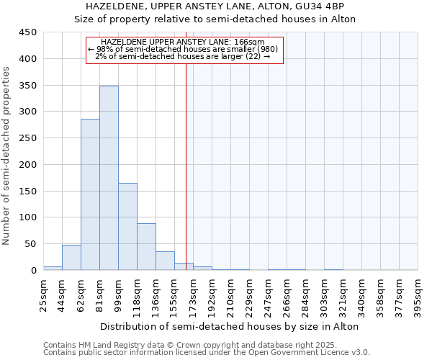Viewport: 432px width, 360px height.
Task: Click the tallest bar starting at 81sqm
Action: click(x=109, y=178)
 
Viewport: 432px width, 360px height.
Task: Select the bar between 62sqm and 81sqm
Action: click(x=90, y=194)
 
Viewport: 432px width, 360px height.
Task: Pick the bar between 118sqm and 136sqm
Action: click(x=146, y=247)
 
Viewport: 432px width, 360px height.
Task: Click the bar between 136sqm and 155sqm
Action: click(x=165, y=261)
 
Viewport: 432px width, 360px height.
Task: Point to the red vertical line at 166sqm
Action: click(x=186, y=166)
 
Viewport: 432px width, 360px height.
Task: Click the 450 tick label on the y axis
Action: click(x=28, y=32)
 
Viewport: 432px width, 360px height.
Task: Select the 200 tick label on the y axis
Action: click(x=28, y=165)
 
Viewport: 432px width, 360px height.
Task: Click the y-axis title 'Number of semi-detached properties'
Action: click(x=6, y=155)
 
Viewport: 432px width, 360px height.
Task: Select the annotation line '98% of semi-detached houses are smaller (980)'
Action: click(x=187, y=49)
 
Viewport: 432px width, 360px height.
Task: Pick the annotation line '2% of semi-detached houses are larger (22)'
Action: click(x=183, y=56)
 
